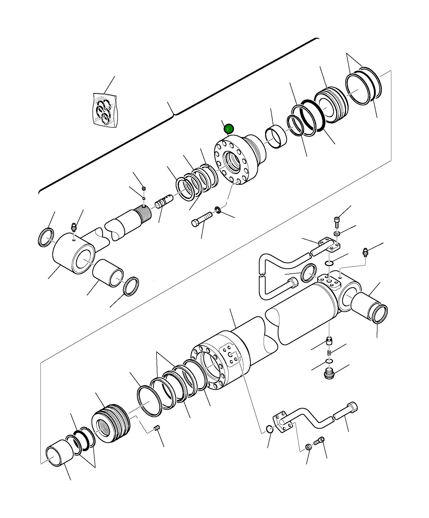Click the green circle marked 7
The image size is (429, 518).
tap(229, 129)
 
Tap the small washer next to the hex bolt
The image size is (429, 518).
tap(218, 209)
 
